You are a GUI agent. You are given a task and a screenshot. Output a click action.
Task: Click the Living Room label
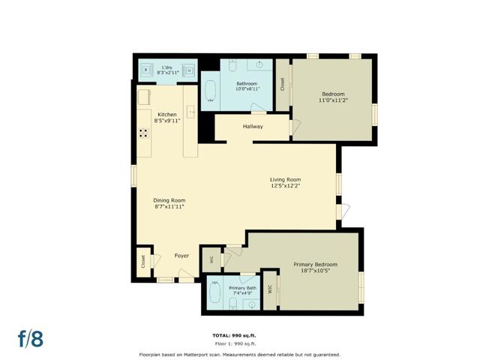[285, 179]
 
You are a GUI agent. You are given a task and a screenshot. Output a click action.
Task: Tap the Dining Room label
[169, 200]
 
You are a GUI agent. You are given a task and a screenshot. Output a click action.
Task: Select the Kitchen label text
[166, 114]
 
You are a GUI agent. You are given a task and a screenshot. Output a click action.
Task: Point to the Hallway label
[253, 127]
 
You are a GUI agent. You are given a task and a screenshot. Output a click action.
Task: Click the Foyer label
[181, 256]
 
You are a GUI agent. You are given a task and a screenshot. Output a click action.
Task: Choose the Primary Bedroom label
[315, 264]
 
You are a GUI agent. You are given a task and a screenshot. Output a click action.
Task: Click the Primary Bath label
[242, 288]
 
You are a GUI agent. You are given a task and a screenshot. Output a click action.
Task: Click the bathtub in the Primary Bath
[216, 291]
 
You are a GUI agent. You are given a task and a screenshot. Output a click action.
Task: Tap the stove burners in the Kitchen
[142, 133]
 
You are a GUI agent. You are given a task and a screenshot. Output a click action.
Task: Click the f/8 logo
[31, 338]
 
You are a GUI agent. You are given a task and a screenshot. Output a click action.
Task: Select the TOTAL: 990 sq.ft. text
[239, 334]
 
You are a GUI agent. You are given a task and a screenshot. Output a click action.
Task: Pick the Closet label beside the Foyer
[142, 261]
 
